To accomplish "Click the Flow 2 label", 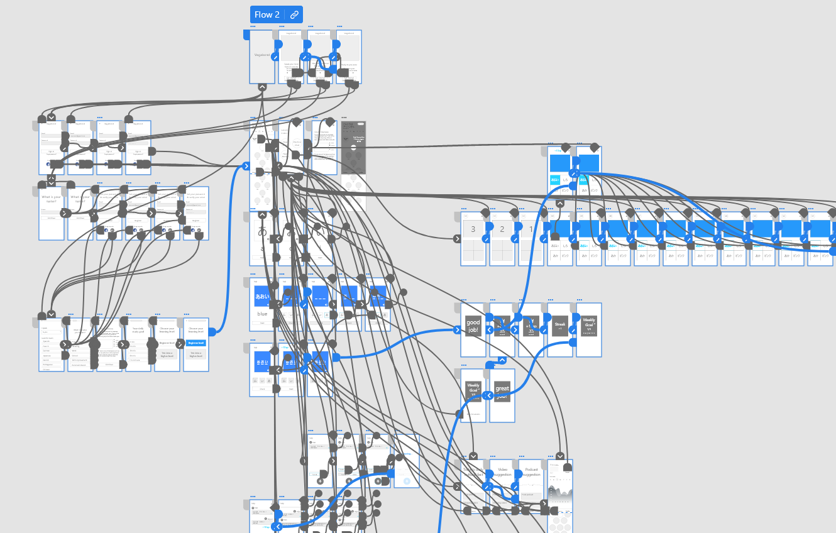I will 267,14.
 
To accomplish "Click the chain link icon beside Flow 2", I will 294,14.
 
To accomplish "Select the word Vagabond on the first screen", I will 262,55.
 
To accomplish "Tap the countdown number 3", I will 473,229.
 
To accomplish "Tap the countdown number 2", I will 502,229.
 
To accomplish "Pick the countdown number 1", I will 531,229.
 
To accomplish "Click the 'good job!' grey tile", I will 473,327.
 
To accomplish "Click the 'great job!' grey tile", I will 502,392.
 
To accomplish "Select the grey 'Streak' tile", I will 559,326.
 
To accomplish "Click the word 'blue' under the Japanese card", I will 262,314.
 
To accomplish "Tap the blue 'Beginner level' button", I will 195,343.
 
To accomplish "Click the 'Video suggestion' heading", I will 502,472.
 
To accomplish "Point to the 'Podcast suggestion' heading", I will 531,472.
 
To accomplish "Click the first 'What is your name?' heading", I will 52,199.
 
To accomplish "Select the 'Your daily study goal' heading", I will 138,331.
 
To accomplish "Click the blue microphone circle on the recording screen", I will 406,481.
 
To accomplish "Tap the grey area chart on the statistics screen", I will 560,495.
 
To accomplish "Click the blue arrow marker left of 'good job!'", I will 458,329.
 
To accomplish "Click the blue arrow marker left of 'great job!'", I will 490,395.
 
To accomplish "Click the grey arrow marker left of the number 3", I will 458,238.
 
